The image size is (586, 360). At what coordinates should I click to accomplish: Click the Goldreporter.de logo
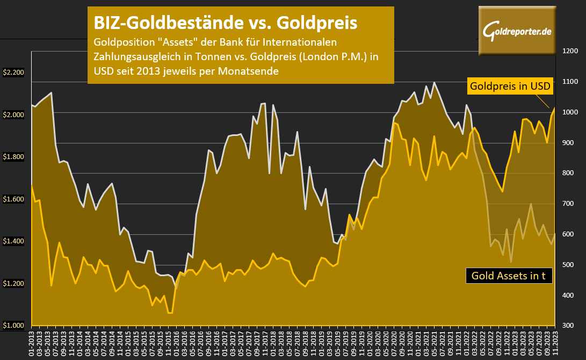pyautogui.click(x=517, y=31)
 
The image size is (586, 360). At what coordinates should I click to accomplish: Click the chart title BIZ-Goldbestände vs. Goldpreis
pyautogui.click(x=225, y=23)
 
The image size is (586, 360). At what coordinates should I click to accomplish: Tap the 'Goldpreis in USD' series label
pyautogui.click(x=510, y=86)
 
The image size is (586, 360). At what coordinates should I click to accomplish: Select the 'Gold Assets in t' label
pyautogui.click(x=508, y=276)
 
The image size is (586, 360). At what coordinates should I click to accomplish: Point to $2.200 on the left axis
pyautogui.click(x=13, y=73)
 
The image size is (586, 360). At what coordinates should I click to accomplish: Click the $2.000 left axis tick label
pyautogui.click(x=13, y=115)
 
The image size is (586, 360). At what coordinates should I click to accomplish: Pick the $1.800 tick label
pyautogui.click(x=13, y=157)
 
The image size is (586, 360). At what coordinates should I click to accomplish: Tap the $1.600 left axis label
pyautogui.click(x=13, y=199)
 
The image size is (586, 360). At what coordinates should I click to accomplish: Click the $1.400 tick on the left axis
pyautogui.click(x=13, y=241)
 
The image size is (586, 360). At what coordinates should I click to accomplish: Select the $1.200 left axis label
pyautogui.click(x=13, y=284)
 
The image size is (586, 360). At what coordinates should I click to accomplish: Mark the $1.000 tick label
pyautogui.click(x=13, y=326)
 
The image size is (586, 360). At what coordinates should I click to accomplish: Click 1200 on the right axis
pyautogui.click(x=569, y=51)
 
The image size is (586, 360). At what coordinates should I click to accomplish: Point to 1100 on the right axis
pyautogui.click(x=569, y=82)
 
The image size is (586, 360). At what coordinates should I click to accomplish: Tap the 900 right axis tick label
pyautogui.click(x=569, y=143)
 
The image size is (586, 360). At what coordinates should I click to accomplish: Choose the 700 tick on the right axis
pyautogui.click(x=569, y=204)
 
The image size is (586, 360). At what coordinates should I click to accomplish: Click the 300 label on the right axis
pyautogui.click(x=569, y=326)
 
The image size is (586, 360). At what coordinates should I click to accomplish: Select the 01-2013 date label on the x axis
pyautogui.click(x=32, y=344)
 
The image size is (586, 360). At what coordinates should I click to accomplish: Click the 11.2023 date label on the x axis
pyautogui.click(x=554, y=344)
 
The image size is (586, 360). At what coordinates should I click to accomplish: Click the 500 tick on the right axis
pyautogui.click(x=569, y=265)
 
